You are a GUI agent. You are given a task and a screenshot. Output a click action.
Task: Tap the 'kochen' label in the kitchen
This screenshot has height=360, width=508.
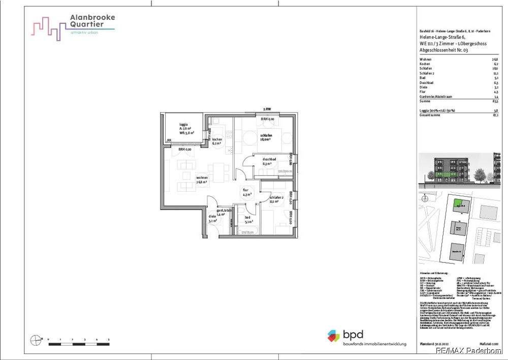coord(217,139)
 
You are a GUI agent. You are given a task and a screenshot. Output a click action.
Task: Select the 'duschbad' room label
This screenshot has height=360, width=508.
coord(269,160)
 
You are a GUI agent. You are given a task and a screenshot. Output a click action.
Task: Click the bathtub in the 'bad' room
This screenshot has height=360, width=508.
coord(246,231)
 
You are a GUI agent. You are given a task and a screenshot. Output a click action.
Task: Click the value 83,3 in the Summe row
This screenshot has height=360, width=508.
coord(495,101)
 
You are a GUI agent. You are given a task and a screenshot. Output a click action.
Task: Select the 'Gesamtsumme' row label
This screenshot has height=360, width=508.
coord(429,115)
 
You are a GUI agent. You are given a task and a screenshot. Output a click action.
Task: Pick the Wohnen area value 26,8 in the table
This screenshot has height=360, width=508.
coord(495,59)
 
